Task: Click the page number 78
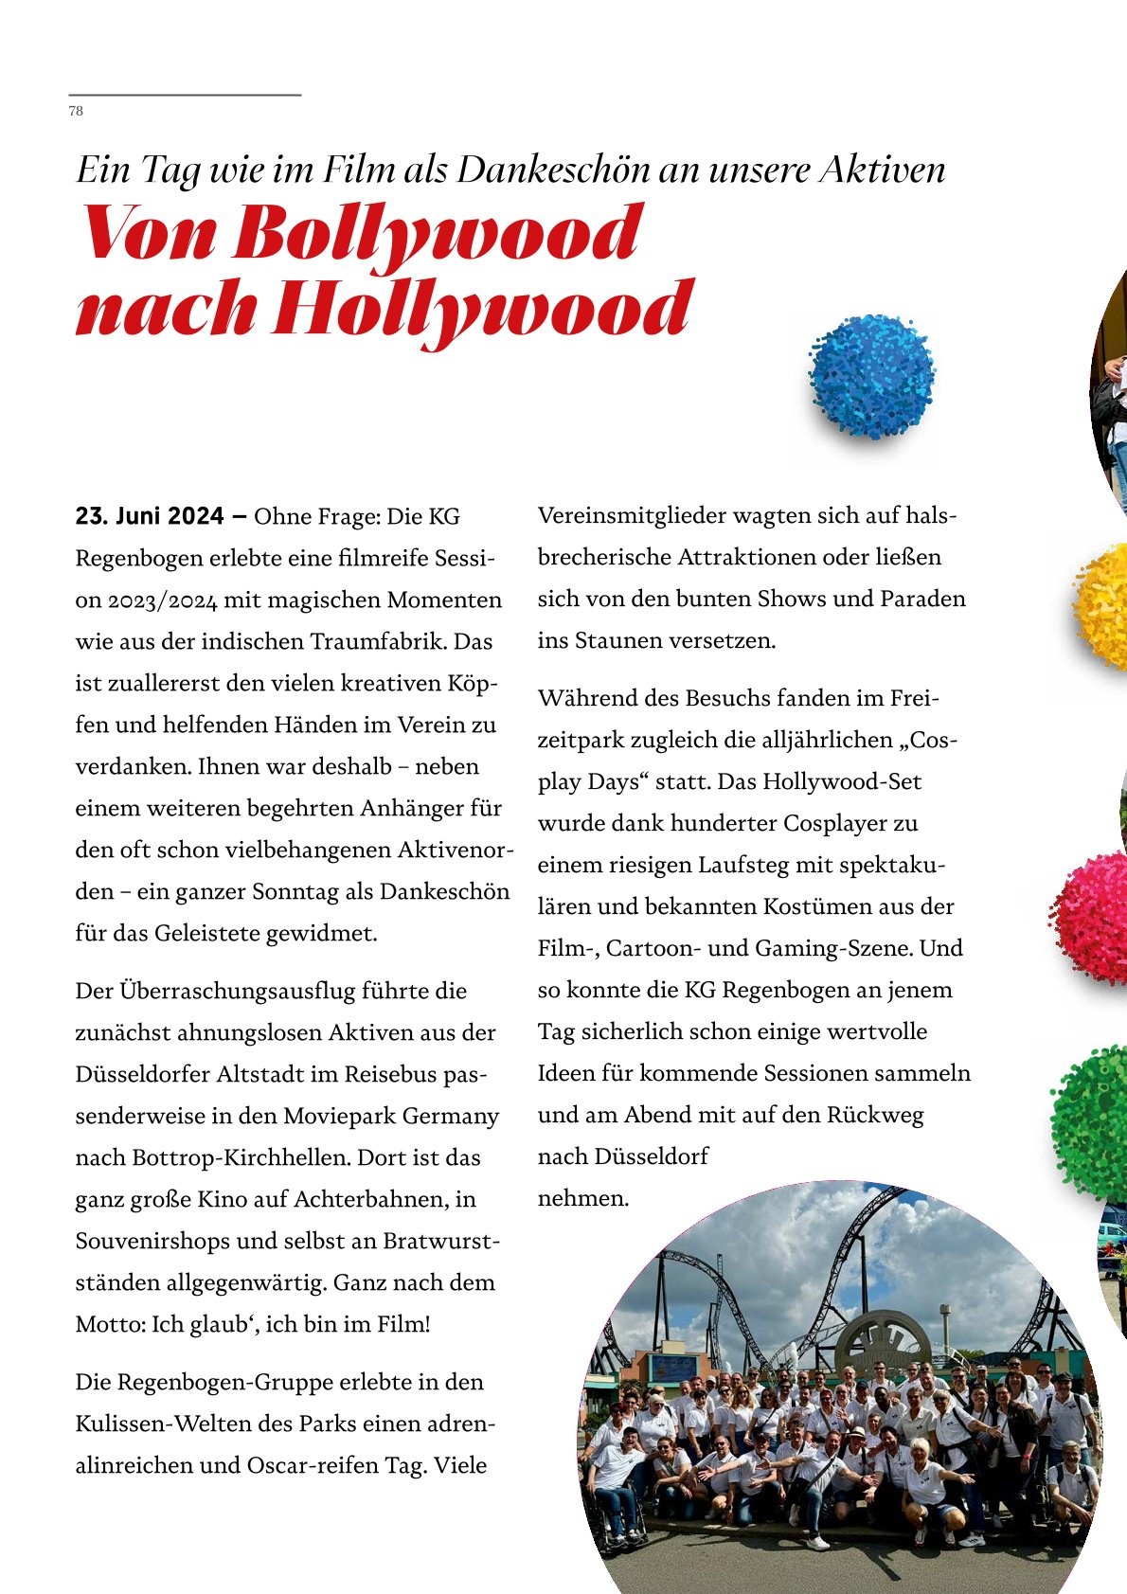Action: pos(76,111)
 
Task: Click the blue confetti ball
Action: pos(871,376)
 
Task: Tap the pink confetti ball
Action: pos(1093,918)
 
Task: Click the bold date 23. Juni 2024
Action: pos(151,516)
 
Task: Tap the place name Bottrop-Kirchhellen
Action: pos(241,1157)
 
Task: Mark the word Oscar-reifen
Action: pos(312,1465)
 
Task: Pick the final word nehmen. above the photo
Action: pos(582,1198)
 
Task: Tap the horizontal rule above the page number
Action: pos(185,95)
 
